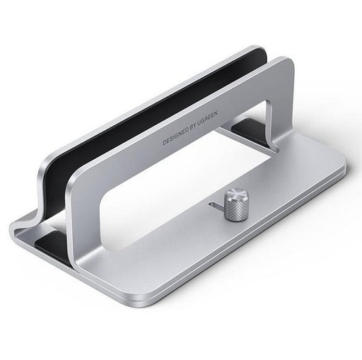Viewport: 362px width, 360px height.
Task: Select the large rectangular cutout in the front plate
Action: pyautogui.click(x=184, y=177)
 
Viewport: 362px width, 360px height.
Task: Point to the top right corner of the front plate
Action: pyautogui.click(x=288, y=64)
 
